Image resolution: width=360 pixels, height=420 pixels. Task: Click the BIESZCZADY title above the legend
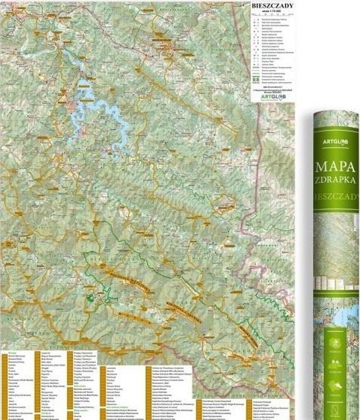[x=272, y=6]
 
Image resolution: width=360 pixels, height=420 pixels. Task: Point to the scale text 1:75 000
[x=272, y=11]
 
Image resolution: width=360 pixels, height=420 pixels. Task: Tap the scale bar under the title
[x=272, y=15]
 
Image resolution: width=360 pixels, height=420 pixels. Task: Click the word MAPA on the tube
[x=335, y=167]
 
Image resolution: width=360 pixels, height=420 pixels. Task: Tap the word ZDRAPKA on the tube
[x=335, y=181]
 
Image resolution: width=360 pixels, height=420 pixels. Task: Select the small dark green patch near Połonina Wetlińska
[x=90, y=298]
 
